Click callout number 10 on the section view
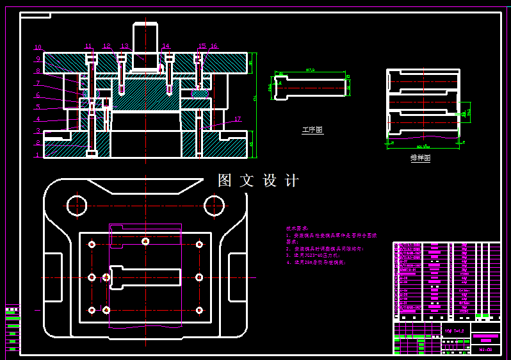click(x=38, y=47)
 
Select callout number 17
click(x=238, y=119)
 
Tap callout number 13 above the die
click(x=125, y=46)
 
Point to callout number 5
click(x=38, y=107)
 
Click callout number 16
click(x=214, y=46)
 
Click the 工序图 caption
click(x=312, y=130)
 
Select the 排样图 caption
click(x=420, y=158)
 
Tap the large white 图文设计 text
click(x=258, y=181)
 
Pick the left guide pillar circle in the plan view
click(x=77, y=206)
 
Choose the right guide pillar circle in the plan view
click(x=214, y=206)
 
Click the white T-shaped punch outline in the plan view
click(x=145, y=277)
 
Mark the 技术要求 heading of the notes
click(x=297, y=228)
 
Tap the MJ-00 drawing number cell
click(x=485, y=350)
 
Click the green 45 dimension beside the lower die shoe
click(x=252, y=144)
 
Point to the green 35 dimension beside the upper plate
click(x=251, y=62)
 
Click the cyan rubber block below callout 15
click(x=200, y=94)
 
